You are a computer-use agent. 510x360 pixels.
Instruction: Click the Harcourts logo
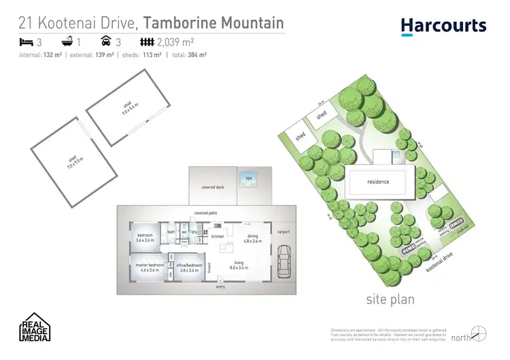[443, 25]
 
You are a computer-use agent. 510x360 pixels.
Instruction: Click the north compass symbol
[479, 333]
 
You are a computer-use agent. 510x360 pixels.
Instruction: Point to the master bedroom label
[148, 267]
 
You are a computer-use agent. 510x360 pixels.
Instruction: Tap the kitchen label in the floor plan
[218, 236]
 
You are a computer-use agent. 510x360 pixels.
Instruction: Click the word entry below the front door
[220, 287]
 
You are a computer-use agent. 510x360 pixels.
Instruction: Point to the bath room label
[171, 232]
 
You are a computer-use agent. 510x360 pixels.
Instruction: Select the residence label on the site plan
[377, 182]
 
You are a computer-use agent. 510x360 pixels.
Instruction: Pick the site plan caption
[390, 299]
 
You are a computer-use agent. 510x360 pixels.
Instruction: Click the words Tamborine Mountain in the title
[212, 22]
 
